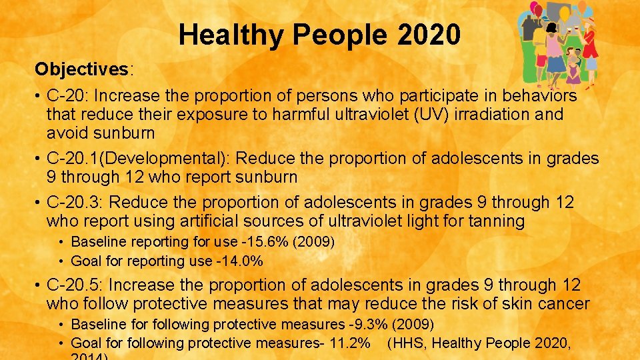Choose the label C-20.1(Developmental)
click(139, 159)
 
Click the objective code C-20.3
click(72, 202)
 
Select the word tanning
click(494, 221)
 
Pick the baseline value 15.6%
click(269, 241)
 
